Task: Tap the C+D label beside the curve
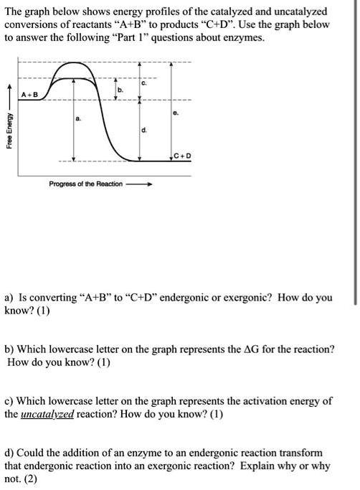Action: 182,156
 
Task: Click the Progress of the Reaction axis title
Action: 85,184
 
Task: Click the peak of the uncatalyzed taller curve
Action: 76,63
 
